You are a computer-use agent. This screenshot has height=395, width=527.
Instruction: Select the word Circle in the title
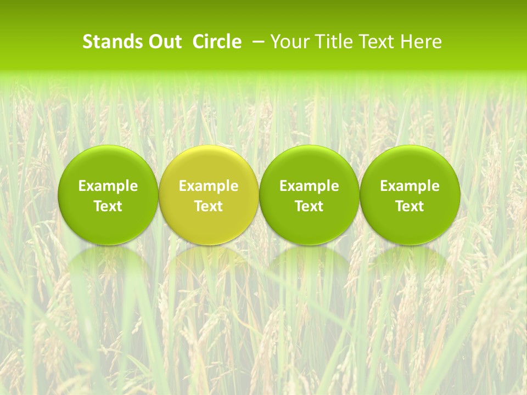tap(217, 42)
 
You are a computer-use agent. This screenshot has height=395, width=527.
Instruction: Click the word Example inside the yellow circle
tap(209, 186)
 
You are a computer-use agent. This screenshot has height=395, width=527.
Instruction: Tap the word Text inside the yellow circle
tap(209, 206)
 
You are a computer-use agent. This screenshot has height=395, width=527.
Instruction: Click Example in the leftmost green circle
tap(108, 186)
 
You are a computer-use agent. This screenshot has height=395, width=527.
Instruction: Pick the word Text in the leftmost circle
tap(108, 206)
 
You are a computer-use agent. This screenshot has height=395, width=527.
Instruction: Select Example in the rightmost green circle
tap(410, 186)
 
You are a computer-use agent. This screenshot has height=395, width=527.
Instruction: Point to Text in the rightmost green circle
tap(410, 206)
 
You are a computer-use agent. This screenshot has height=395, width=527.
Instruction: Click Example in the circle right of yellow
tap(309, 186)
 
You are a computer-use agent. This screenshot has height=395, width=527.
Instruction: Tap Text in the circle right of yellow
tap(309, 206)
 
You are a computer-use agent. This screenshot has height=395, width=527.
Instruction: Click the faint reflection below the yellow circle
tap(209, 261)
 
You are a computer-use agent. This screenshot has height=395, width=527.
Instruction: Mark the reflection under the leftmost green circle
tap(108, 261)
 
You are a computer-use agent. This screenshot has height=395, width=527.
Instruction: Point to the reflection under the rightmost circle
tap(410, 261)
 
